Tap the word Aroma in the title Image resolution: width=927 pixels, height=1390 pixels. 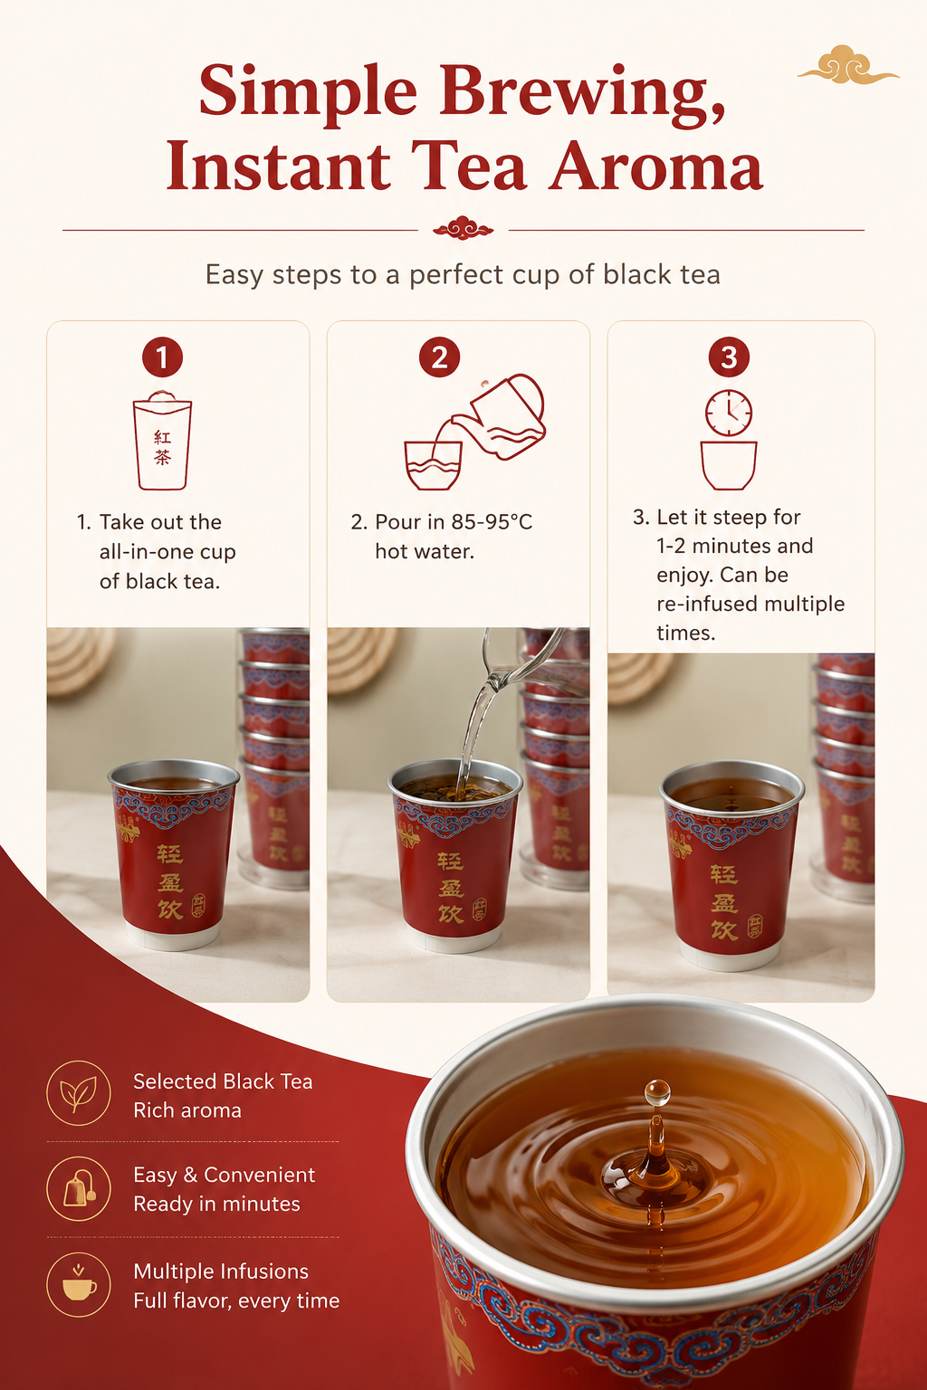point(655,166)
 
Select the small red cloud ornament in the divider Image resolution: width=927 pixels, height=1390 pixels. point(463,228)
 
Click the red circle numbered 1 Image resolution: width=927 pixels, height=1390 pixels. point(162,357)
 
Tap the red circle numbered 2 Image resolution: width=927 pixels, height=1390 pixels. point(439,357)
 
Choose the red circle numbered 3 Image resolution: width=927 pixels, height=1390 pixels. point(729,357)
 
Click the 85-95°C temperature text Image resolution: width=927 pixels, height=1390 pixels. point(492,522)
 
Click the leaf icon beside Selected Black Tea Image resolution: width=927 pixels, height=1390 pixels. point(78,1093)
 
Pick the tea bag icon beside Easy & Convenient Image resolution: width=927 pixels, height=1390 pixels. point(80,1188)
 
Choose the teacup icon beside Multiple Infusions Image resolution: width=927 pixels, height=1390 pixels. point(79,1283)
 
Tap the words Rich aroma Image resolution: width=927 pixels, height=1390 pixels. point(186,1110)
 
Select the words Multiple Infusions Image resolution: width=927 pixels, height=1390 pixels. point(221,1271)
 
